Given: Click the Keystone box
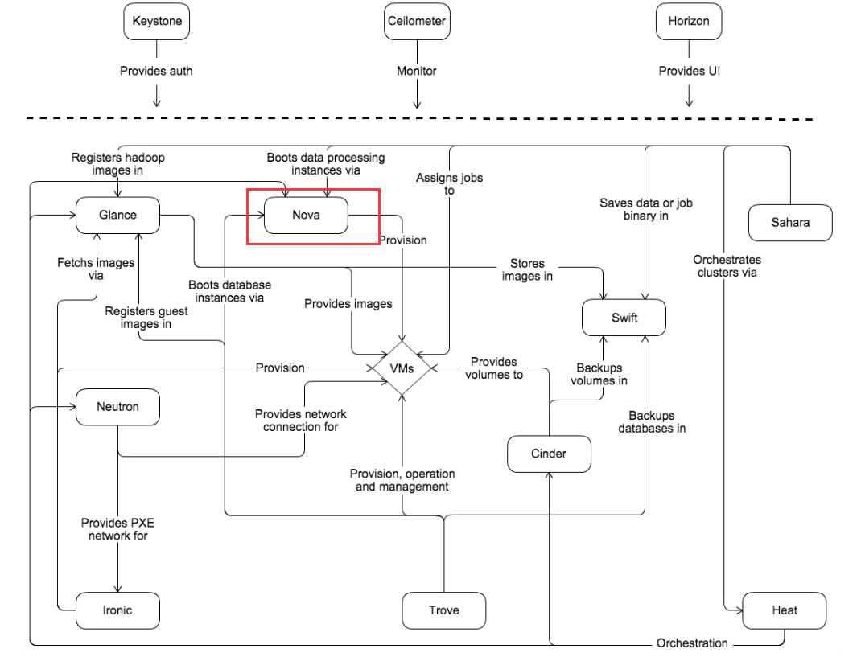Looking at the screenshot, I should click(157, 22).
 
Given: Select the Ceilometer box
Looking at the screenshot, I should click(416, 22).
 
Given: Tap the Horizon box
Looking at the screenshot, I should click(689, 22).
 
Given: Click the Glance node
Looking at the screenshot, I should click(117, 215).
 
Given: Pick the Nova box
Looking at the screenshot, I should click(306, 215).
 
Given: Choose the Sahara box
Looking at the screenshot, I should click(790, 223).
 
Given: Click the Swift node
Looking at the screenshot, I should click(624, 318).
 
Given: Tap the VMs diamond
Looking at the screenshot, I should click(401, 368).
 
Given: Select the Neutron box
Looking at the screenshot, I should click(117, 407).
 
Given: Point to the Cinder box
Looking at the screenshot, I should click(549, 454).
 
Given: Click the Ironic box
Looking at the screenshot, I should click(117, 610).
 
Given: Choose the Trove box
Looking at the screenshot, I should click(443, 610).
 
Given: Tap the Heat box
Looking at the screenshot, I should click(784, 610).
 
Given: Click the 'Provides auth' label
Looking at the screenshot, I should click(156, 71).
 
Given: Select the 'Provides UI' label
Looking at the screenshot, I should click(689, 71).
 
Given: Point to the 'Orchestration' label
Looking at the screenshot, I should click(692, 643).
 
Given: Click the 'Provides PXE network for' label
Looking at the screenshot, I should click(117, 529).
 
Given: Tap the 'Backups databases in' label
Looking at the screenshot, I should click(652, 422).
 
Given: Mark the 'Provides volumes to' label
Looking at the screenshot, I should click(494, 368).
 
